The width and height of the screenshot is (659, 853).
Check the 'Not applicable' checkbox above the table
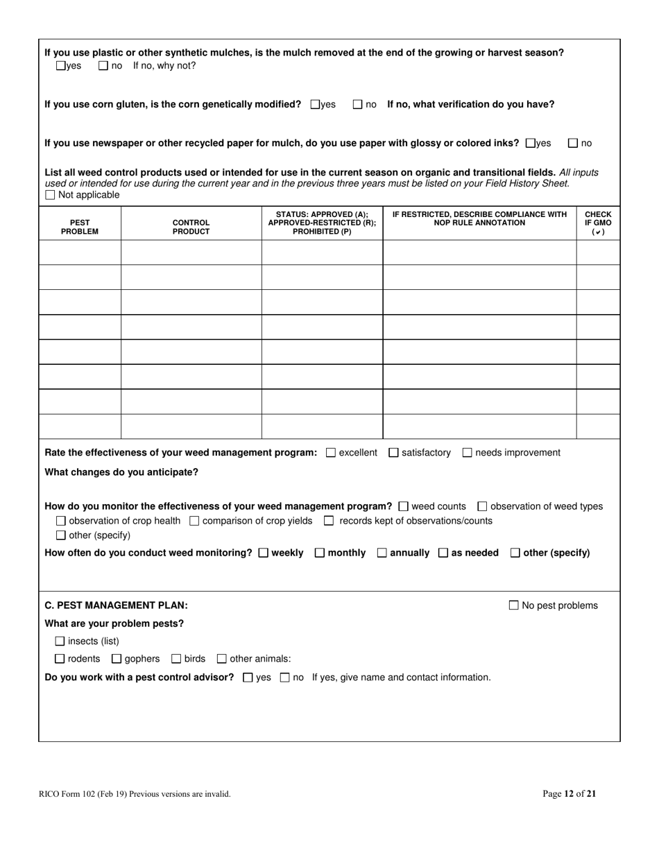tap(50, 195)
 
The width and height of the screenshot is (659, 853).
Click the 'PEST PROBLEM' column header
tap(80, 227)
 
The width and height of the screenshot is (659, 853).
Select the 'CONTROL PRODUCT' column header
tap(191, 227)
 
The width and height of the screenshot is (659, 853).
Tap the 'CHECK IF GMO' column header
tap(598, 223)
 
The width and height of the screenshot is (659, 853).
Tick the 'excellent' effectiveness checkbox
tap(331, 453)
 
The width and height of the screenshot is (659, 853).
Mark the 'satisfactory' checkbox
tap(394, 453)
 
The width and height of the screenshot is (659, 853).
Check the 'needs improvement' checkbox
tap(468, 453)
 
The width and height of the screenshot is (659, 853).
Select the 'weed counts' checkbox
tap(404, 506)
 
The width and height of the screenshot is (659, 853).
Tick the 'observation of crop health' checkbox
tap(61, 521)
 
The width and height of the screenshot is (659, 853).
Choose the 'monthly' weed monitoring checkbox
tap(320, 553)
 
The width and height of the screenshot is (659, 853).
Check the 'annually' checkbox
tap(382, 553)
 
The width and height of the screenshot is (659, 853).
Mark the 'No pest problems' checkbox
tap(514, 605)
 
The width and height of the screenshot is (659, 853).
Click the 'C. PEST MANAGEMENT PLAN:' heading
tap(116, 605)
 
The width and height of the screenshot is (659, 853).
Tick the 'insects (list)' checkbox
tap(60, 641)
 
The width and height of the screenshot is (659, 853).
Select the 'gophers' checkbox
tap(117, 659)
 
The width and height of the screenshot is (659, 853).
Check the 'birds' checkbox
tap(176, 659)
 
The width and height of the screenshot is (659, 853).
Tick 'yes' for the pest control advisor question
tap(248, 678)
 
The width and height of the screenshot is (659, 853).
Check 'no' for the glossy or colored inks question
tap(573, 144)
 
